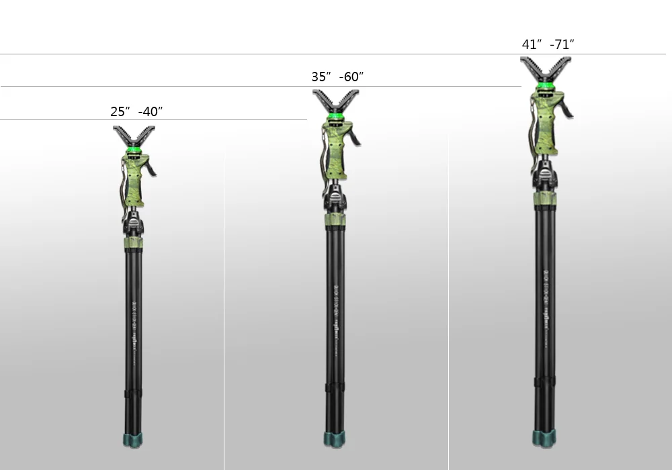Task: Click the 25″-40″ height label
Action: click(x=136, y=112)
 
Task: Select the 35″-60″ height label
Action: click(x=337, y=77)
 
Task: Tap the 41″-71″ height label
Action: click(x=548, y=45)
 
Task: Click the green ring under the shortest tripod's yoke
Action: click(x=134, y=150)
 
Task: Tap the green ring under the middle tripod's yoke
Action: click(x=335, y=117)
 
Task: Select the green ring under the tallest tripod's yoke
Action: click(x=545, y=86)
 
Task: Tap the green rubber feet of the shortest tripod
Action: click(x=132, y=440)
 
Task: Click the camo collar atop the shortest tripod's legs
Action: click(x=134, y=242)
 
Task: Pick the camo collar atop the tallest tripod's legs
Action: click(x=545, y=199)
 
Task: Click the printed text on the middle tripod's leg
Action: click(x=335, y=316)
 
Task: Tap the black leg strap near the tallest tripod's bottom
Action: click(x=544, y=381)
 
